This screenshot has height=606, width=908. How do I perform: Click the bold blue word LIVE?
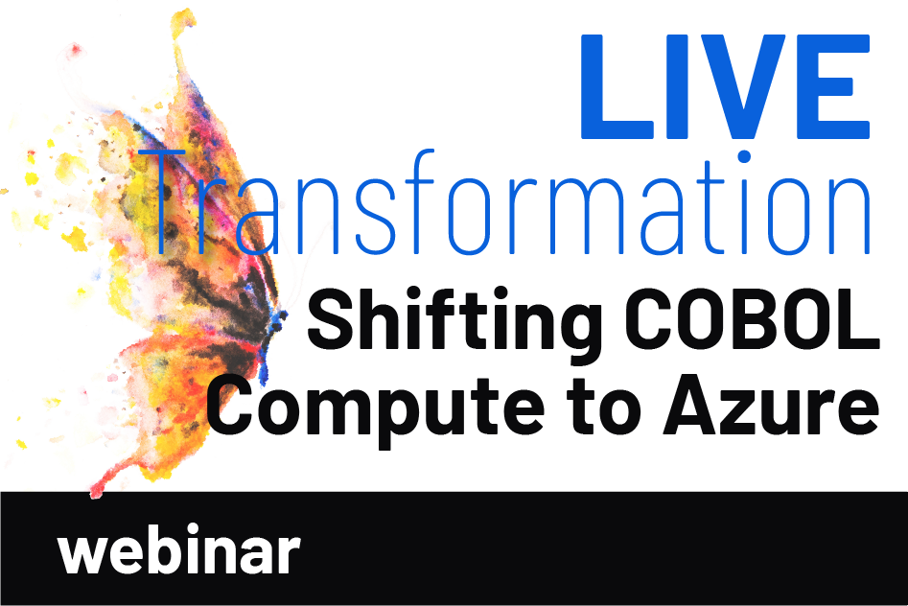(x=726, y=87)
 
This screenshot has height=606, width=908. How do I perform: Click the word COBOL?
(x=751, y=319)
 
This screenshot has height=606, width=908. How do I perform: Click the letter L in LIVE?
(x=617, y=87)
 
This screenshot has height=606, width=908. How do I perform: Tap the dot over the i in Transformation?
(x=745, y=156)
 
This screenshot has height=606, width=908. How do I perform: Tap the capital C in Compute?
(x=232, y=405)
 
